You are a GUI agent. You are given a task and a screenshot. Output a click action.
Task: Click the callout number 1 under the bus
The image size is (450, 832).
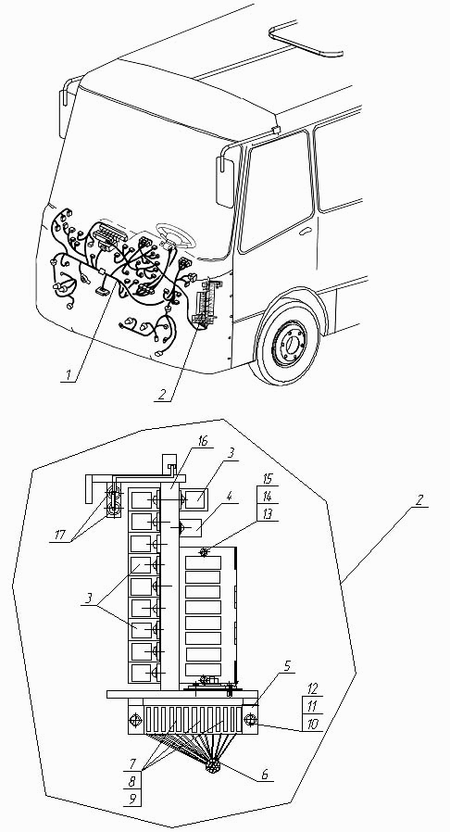pos(67,375)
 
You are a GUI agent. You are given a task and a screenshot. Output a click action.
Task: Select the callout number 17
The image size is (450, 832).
pos(60,535)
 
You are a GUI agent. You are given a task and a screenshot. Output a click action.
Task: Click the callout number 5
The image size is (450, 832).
pos(286,666)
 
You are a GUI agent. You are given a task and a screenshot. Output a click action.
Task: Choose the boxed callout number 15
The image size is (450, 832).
pos(267,479)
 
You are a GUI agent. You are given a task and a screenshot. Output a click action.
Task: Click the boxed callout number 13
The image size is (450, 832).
pos(267,513)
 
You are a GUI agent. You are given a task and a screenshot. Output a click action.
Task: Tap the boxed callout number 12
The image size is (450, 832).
pos(313,688)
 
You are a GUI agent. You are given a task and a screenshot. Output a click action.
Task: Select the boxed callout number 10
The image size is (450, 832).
pos(313,724)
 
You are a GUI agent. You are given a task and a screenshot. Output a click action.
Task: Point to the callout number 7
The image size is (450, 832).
pos(133,764)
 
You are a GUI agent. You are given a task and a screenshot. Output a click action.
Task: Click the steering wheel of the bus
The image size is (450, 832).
pos(175,235)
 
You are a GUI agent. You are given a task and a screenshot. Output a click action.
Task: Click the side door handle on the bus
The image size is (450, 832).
pos(306,232)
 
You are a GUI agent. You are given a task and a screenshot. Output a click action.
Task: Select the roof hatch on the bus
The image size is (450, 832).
pos(306,39)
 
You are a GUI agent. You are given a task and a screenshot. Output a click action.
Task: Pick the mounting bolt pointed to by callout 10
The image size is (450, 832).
pos(250,720)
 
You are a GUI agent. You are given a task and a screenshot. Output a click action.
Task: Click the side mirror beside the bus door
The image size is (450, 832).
pos(225,182)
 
